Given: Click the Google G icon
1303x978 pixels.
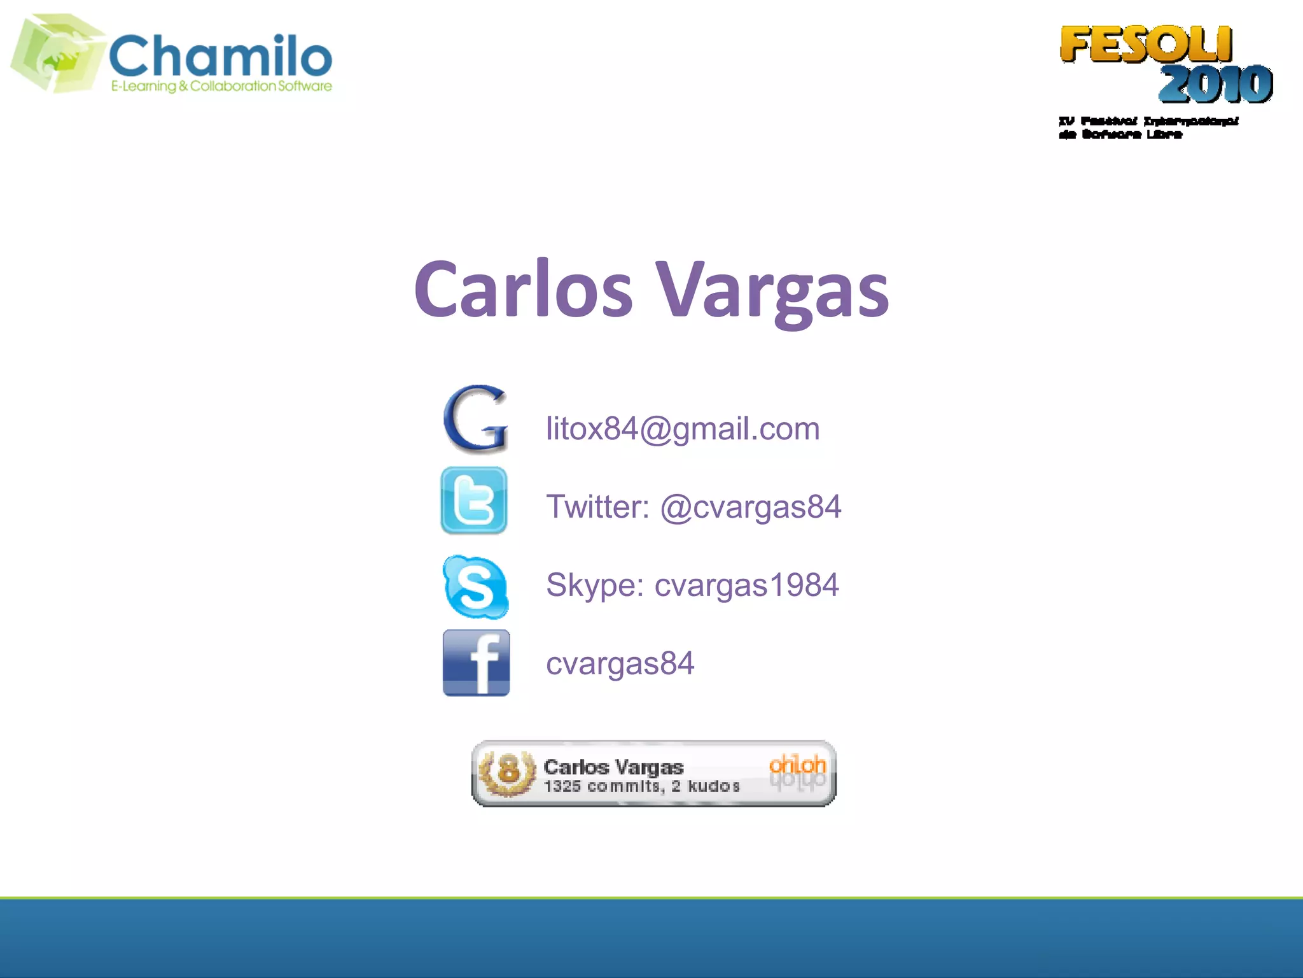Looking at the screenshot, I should pos(475,419).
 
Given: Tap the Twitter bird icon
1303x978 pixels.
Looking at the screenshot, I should pos(474,500).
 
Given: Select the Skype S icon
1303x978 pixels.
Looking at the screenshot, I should pos(475,586).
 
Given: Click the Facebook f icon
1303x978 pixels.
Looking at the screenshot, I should pos(476,663).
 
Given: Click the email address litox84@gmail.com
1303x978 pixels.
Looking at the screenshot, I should pos(683,429).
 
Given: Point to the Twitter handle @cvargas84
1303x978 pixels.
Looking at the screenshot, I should pos(751,507).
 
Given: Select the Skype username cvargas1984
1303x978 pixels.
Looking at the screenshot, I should pos(746,585).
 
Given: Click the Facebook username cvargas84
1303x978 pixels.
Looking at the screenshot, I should pos(620,663).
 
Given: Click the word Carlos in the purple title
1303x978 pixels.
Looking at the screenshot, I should pos(523,290).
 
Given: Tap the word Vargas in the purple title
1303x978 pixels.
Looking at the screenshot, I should pos(772,290).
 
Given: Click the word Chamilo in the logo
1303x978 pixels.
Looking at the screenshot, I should pos(221,56).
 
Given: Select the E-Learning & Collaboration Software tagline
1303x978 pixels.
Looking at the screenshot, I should pos(221,86).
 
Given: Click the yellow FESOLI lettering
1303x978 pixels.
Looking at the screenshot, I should pos(1146,45).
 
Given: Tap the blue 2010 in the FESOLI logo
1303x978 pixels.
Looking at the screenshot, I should pos(1215,84).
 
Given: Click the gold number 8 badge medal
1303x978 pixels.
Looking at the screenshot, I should pos(508,772).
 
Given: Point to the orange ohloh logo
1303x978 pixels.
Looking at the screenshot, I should pos(797,764).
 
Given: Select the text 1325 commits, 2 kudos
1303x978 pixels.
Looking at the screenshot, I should pos(641,786).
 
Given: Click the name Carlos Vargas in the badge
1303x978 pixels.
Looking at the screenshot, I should pos(613,767).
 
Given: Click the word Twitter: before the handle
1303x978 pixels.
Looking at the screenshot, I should pos(597,507).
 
